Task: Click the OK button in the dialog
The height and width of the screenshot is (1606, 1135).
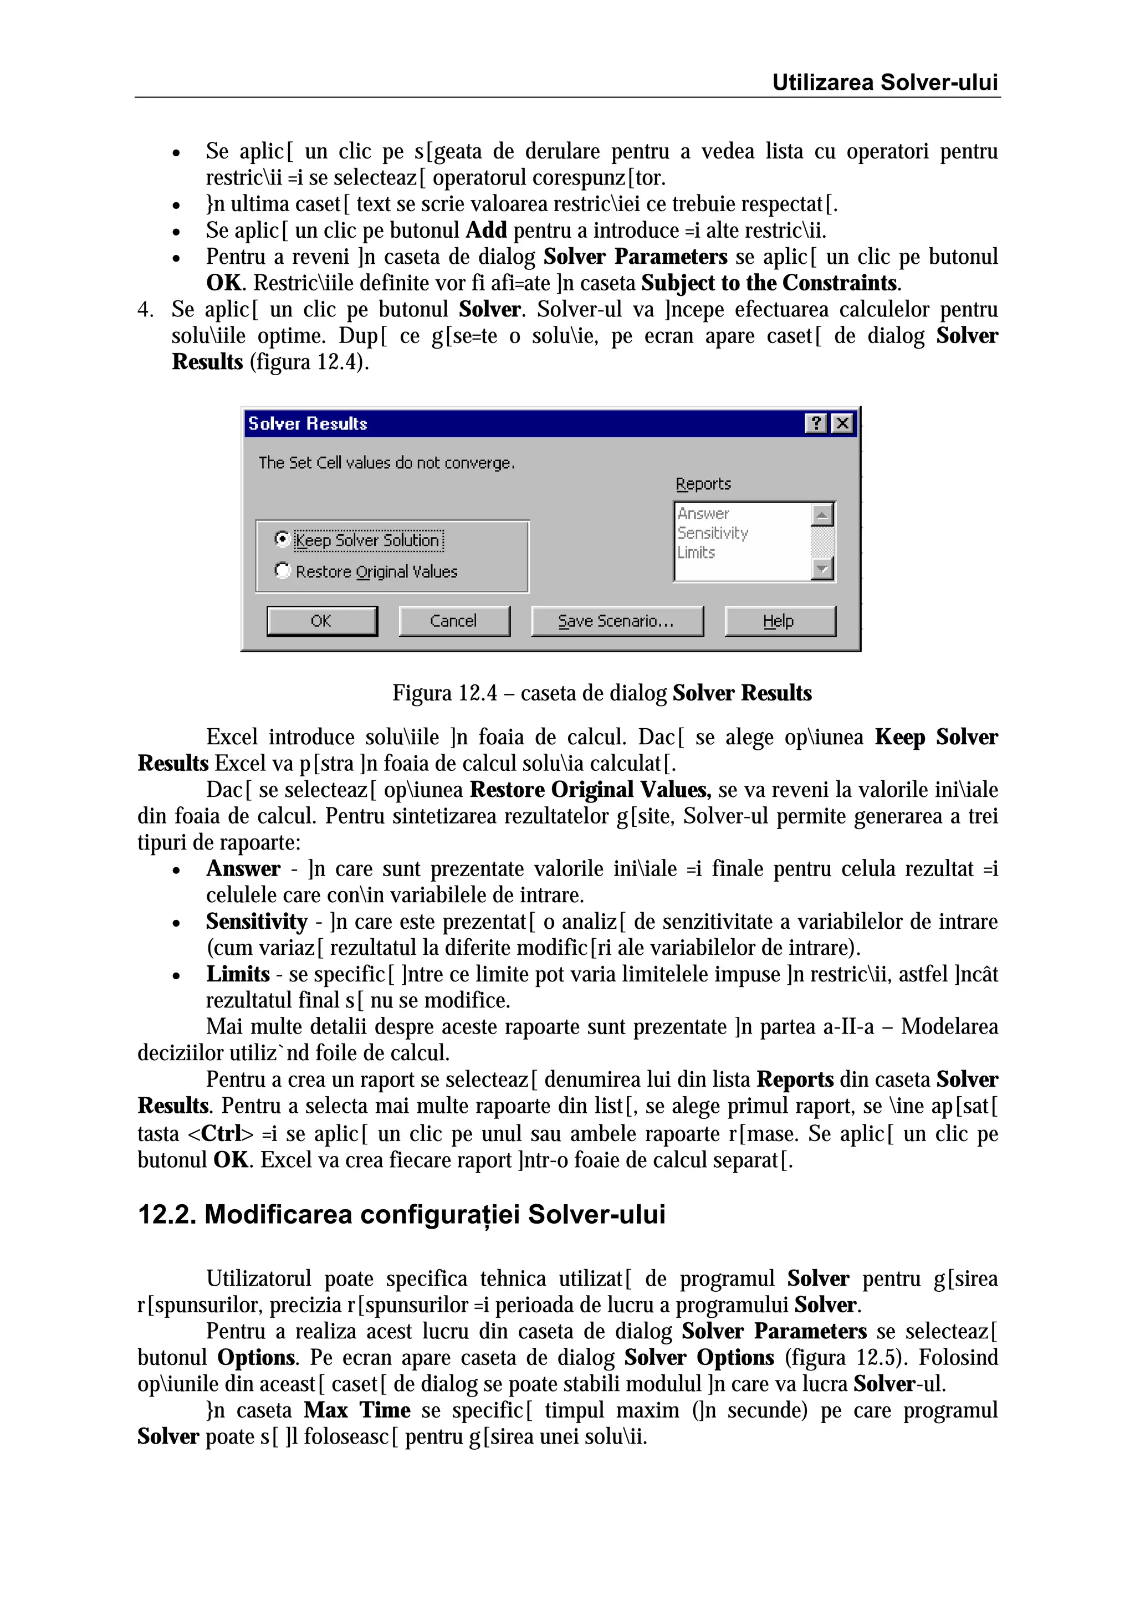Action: pos(321,621)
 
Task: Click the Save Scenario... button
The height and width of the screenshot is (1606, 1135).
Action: pos(617,621)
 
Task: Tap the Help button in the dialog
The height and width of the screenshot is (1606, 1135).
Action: pos(779,621)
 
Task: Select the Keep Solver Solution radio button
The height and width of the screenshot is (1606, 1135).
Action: pos(282,539)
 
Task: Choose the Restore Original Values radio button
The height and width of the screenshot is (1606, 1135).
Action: pos(282,571)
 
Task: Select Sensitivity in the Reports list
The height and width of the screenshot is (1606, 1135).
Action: pos(713,533)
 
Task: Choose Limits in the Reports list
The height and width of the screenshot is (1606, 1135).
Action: pos(697,553)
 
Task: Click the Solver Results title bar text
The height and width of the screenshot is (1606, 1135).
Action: pos(308,424)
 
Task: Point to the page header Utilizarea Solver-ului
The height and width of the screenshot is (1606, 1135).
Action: pos(884,83)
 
